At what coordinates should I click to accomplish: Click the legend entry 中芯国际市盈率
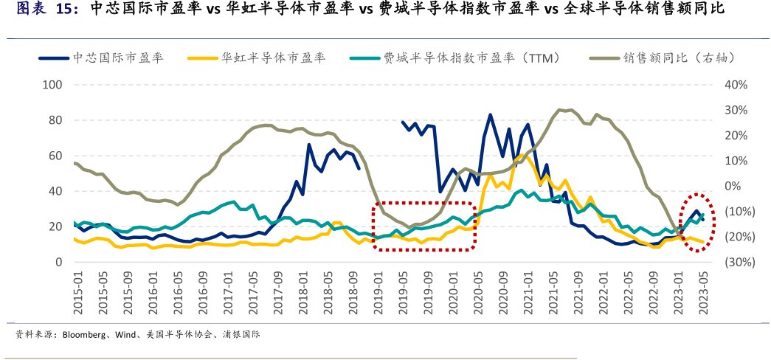117,57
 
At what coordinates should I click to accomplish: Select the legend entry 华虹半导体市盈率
273,57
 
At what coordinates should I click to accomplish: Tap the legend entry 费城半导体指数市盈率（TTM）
472,57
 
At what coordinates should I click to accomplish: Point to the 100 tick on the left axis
53,85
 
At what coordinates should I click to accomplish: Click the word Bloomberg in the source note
85,335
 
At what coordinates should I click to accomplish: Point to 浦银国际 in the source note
241,335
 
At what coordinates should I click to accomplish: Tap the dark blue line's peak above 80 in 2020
490,115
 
